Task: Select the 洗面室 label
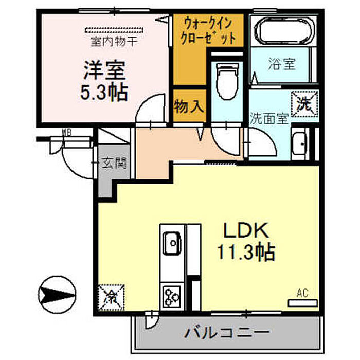[268, 118]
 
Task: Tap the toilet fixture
[225, 80]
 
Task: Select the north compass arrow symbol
[58, 296]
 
